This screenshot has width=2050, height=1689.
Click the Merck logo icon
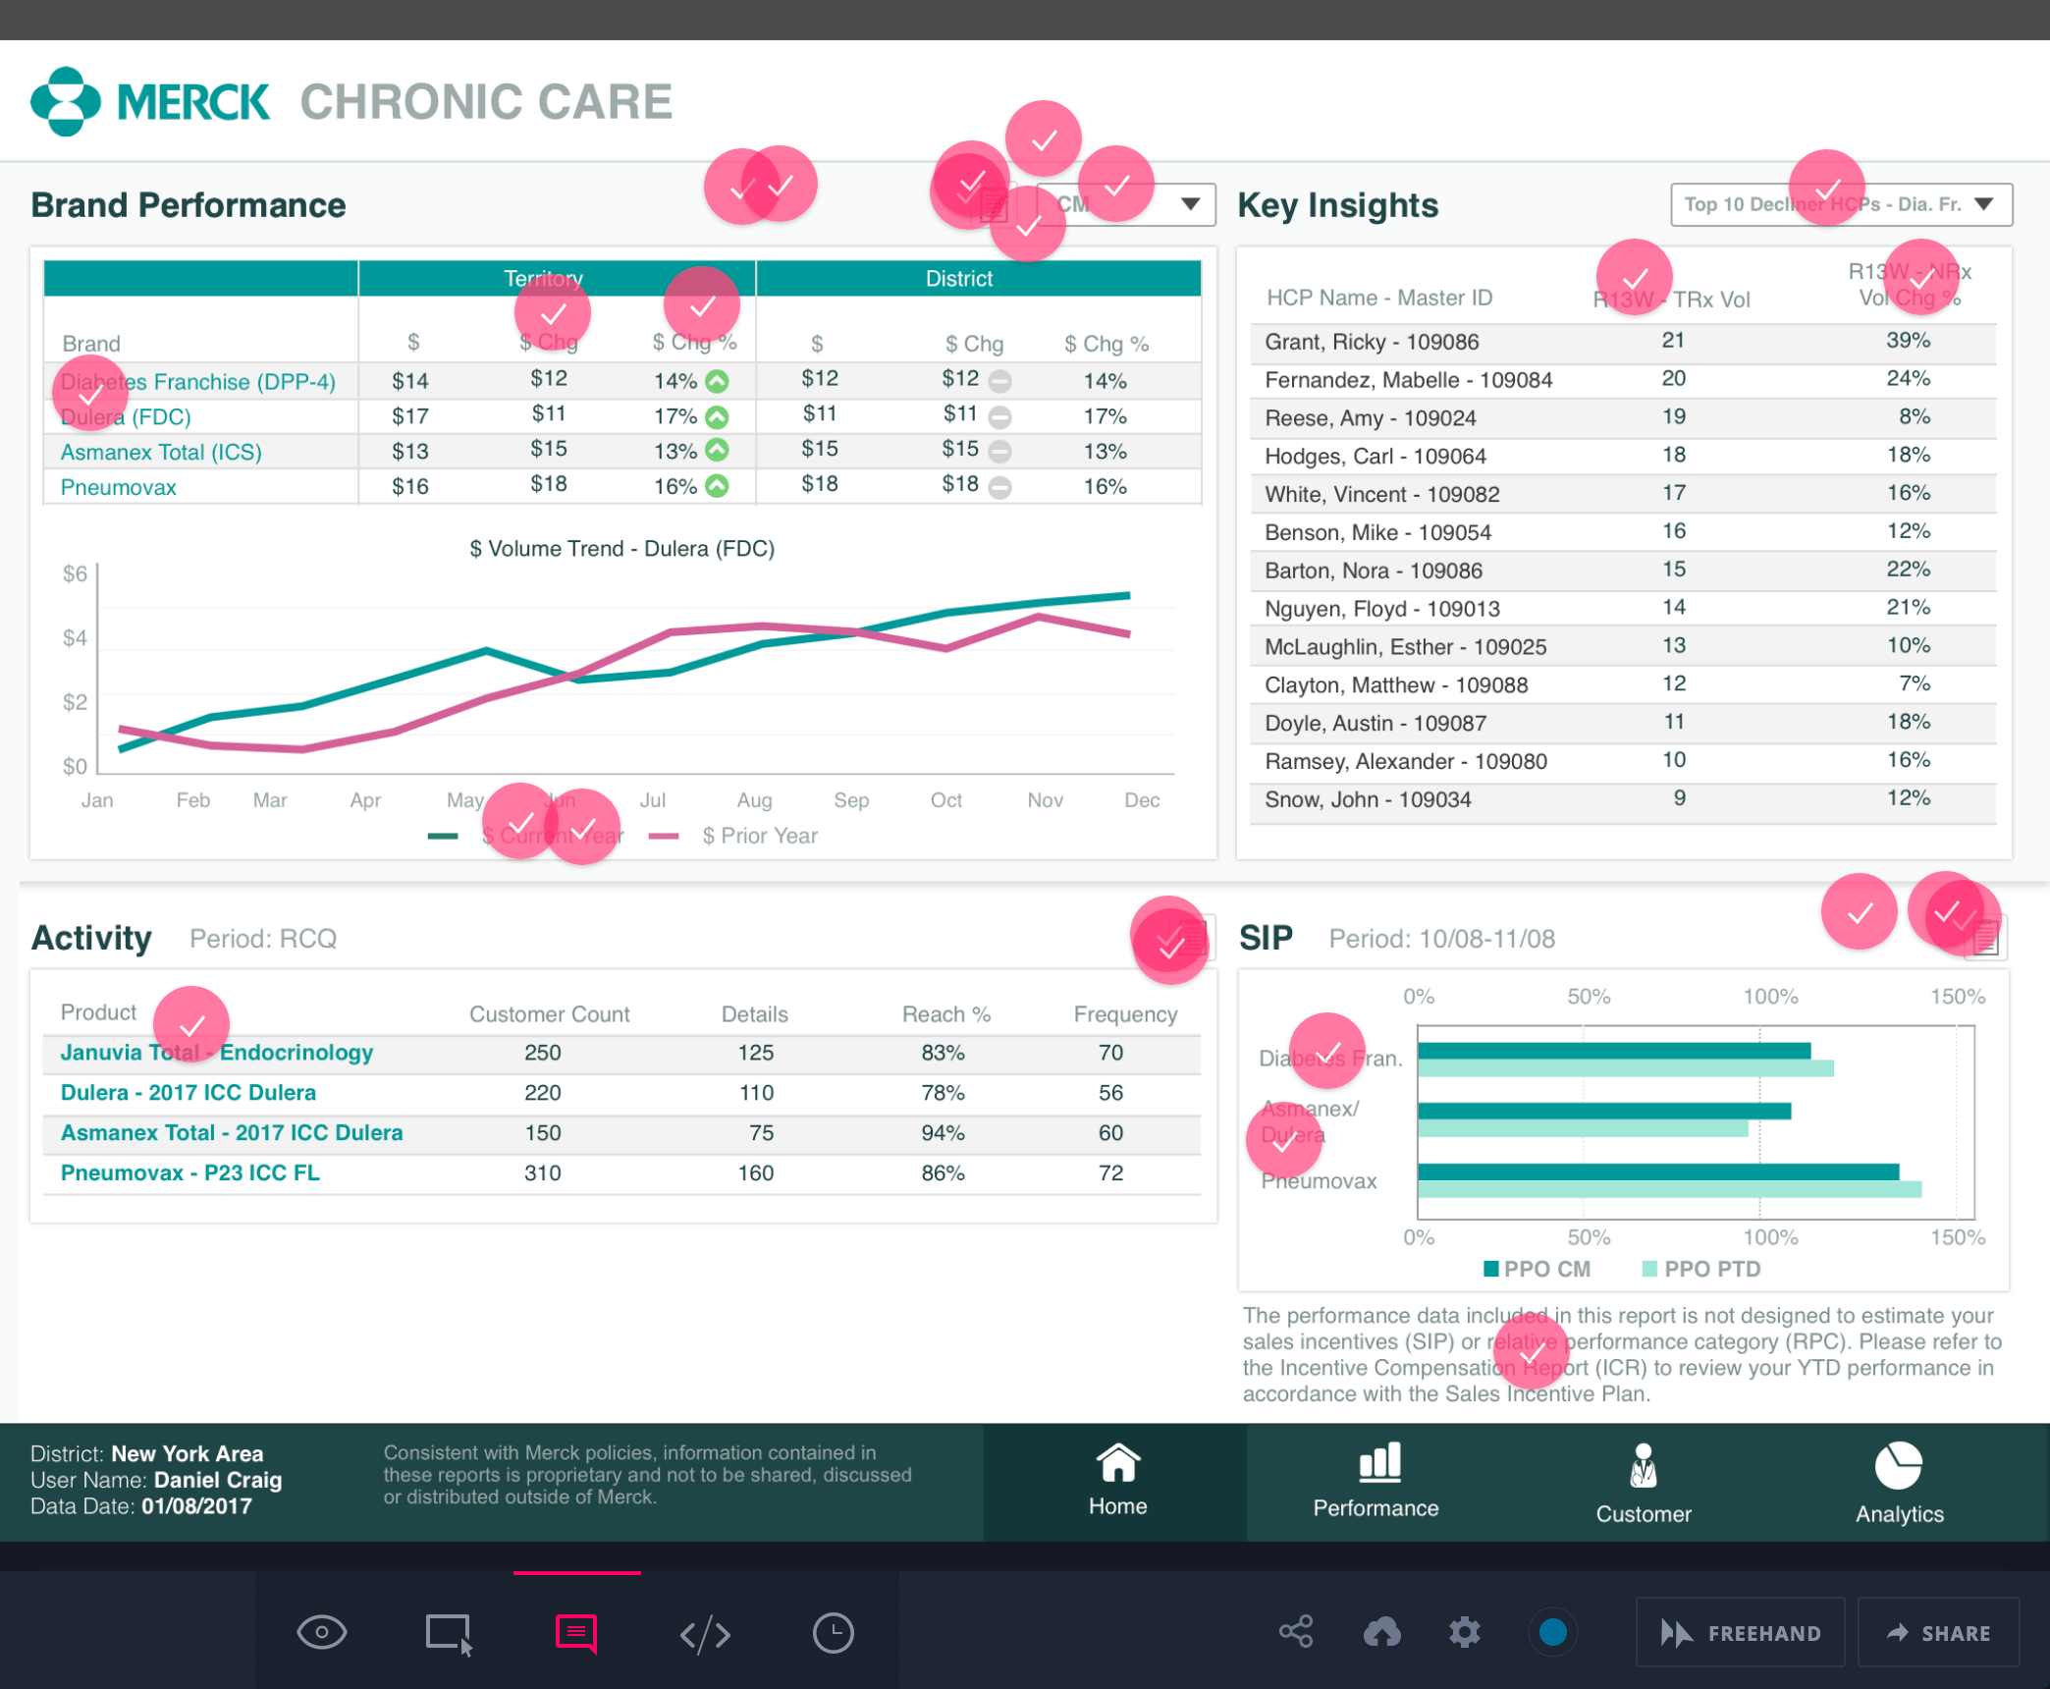65,101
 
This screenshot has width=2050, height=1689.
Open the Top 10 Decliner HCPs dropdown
1840,204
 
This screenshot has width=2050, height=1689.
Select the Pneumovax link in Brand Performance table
119,487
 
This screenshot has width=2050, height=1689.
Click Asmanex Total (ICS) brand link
161,452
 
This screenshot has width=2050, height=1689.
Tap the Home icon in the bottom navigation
1116,1464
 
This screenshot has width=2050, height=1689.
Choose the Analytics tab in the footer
1898,1483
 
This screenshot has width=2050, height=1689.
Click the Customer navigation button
1643,1483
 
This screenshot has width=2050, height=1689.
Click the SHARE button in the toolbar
1938,1633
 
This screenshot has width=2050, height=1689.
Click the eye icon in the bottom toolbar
321,1633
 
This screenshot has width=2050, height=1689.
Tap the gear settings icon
1464,1632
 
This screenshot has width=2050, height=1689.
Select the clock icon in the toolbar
833,1633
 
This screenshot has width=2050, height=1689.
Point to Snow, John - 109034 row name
1367,799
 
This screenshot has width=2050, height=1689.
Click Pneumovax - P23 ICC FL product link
190,1172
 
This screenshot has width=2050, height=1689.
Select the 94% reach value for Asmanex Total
943,1132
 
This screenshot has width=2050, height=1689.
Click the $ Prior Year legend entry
759,836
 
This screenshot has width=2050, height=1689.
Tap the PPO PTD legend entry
1711,1269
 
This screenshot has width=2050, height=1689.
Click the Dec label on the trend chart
1141,800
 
